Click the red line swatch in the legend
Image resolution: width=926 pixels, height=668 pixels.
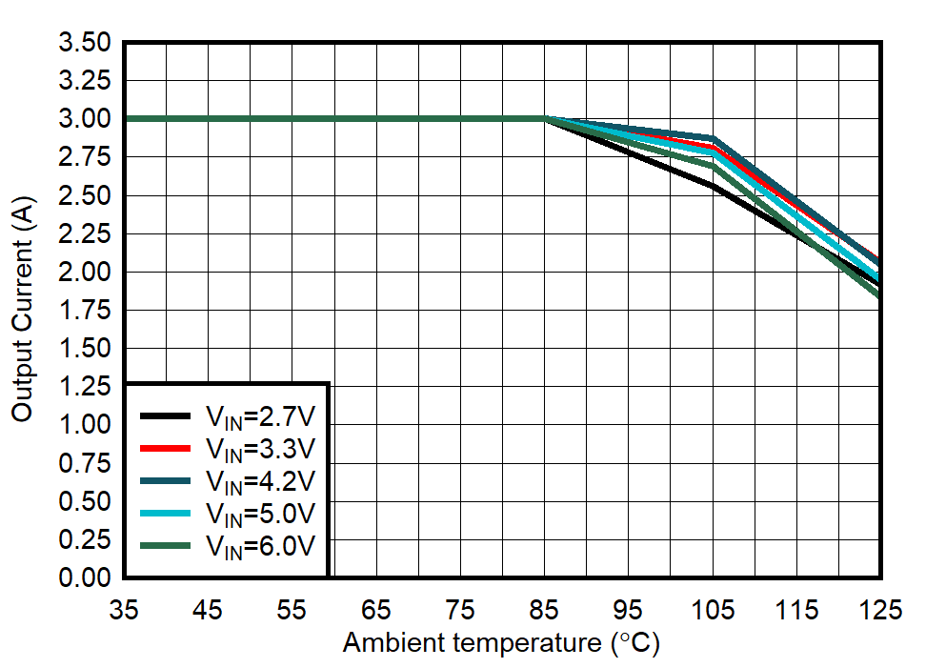click(169, 448)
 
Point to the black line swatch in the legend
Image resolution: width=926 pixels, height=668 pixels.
click(169, 415)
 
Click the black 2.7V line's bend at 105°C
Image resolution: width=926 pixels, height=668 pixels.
click(713, 186)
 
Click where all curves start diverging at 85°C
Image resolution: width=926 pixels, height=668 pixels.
click(545, 119)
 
